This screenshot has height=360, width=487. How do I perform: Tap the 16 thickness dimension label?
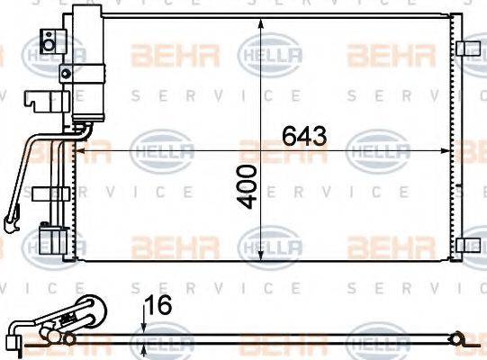pyautogui.click(x=157, y=307)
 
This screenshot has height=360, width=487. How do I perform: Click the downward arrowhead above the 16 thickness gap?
pyautogui.click(x=144, y=328)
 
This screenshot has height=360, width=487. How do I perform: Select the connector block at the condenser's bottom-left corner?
pyautogui.click(x=52, y=241)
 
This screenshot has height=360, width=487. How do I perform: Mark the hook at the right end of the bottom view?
pyautogui.click(x=462, y=339)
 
